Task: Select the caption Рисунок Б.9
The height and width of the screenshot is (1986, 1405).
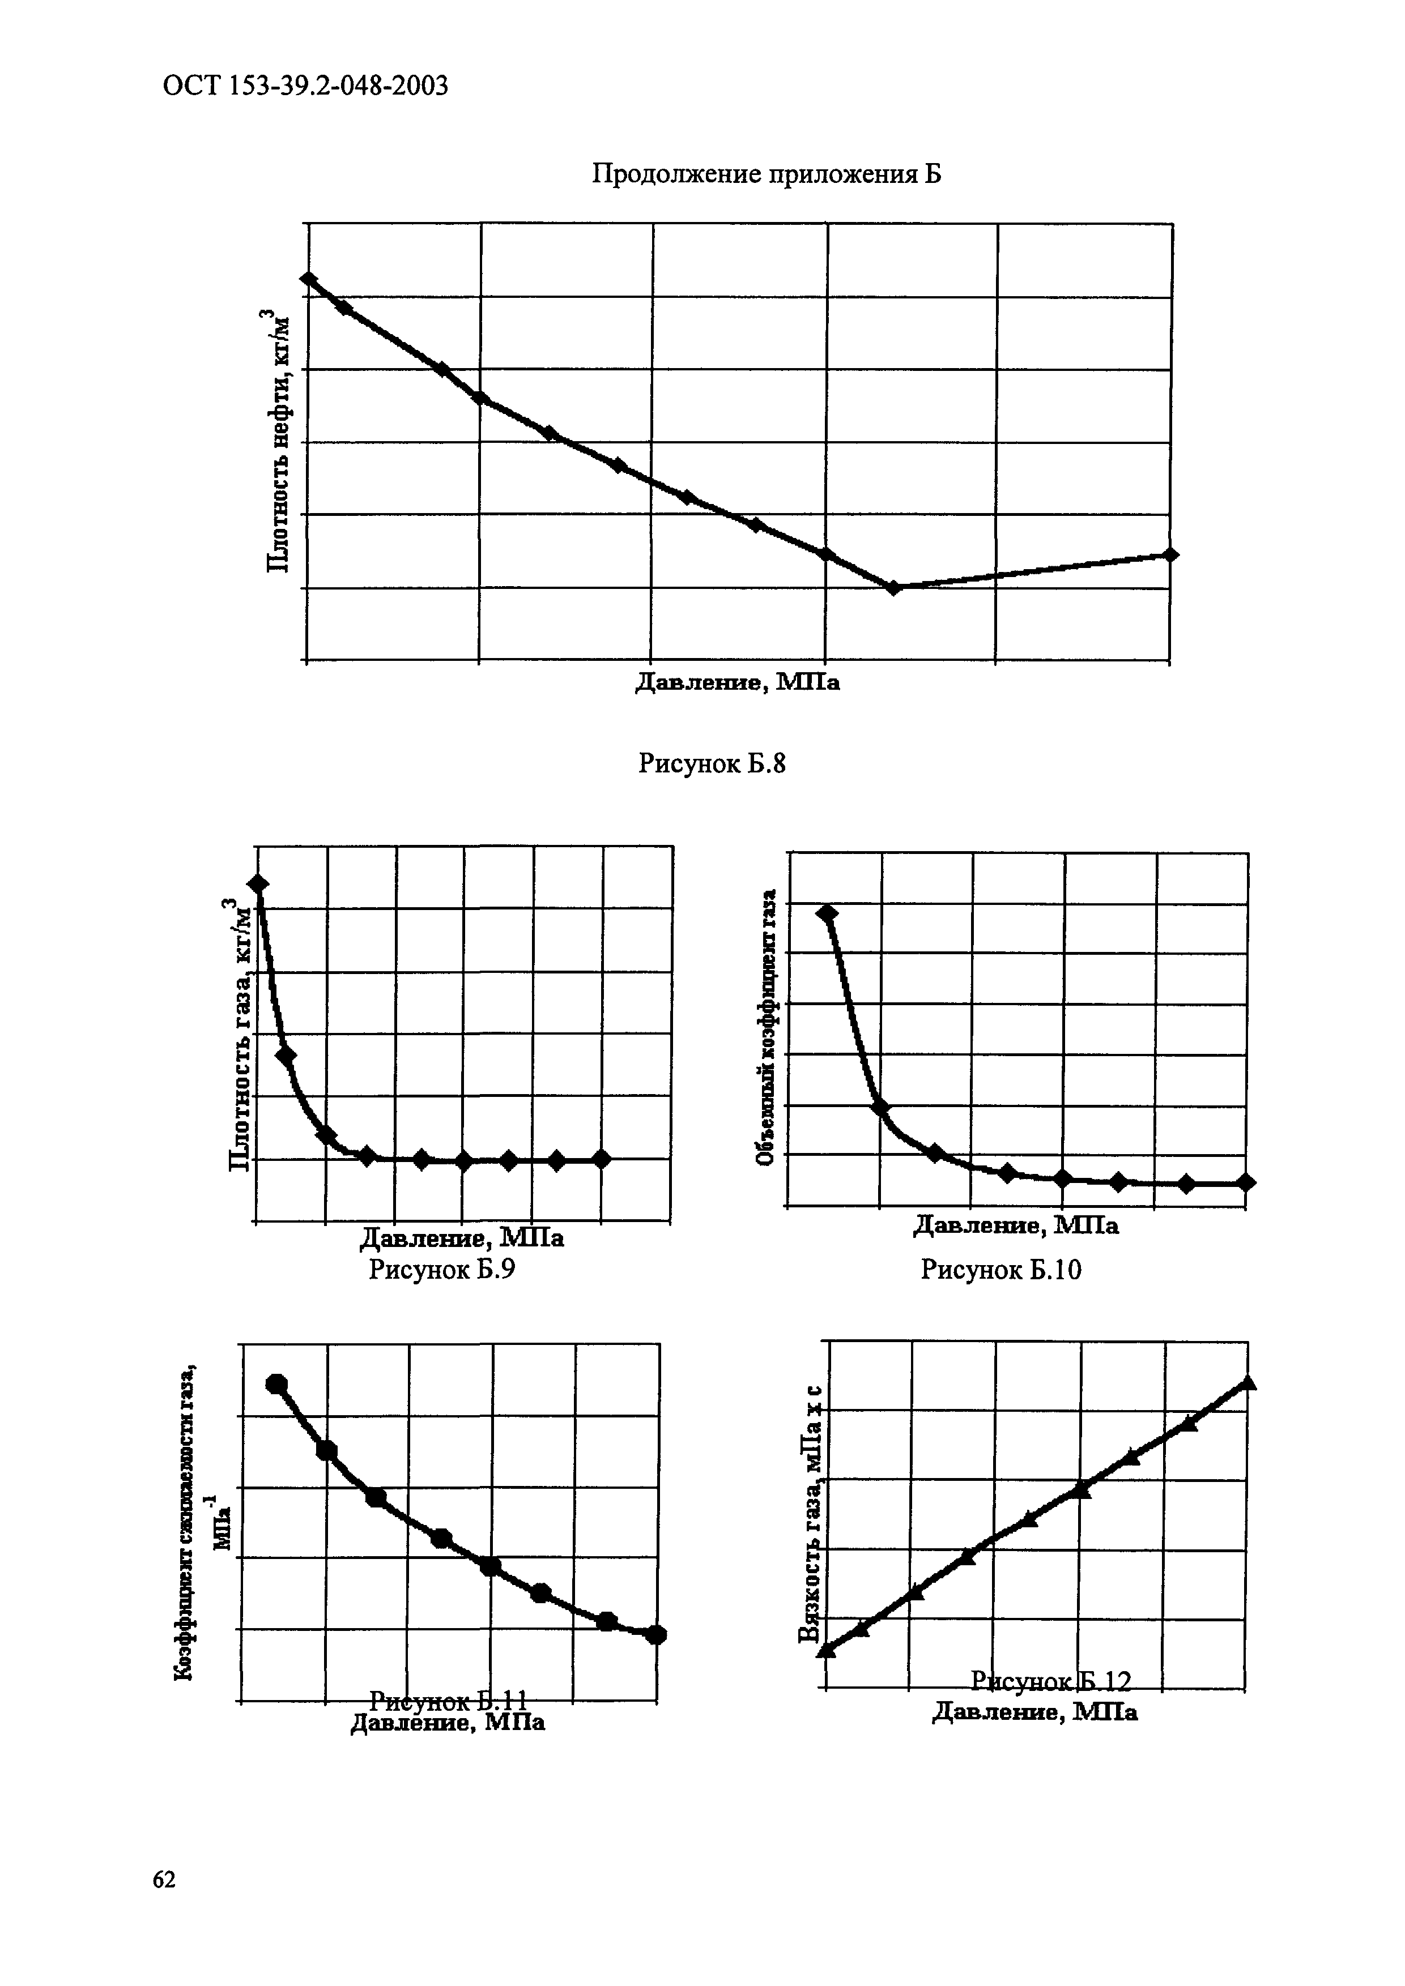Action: point(442,1269)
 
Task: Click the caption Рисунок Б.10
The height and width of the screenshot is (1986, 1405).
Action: point(1001,1269)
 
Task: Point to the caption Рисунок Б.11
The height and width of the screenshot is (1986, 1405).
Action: point(448,1699)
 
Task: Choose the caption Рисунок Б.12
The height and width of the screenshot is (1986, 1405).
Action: point(1050,1681)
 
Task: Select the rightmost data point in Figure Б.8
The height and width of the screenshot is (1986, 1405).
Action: point(1170,554)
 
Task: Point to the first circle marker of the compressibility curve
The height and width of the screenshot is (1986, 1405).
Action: point(277,1384)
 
